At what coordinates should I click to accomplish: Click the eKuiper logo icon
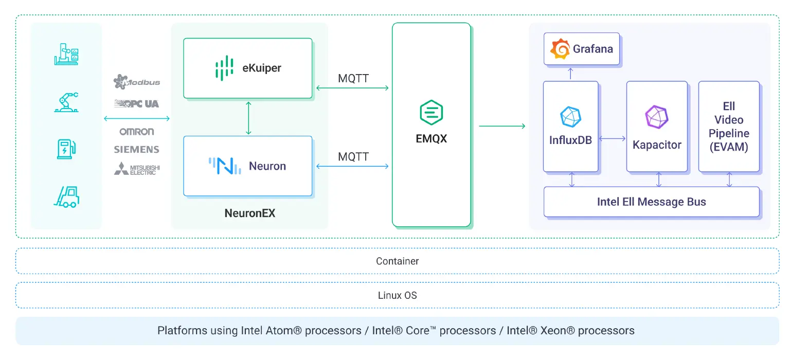click(x=224, y=68)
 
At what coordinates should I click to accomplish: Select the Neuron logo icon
click(x=225, y=166)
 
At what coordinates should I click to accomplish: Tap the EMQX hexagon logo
click(x=431, y=113)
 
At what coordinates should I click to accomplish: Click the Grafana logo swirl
click(x=560, y=49)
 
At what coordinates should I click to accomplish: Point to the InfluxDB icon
click(x=570, y=117)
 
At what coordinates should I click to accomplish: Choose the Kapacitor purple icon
click(x=657, y=117)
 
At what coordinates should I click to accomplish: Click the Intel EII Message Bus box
click(x=651, y=202)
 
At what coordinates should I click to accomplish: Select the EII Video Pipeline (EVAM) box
click(x=729, y=127)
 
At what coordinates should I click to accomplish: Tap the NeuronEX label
click(x=249, y=213)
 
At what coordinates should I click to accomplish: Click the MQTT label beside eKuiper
click(x=353, y=79)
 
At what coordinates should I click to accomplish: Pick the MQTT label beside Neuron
click(x=353, y=157)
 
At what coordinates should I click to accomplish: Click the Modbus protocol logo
click(x=137, y=82)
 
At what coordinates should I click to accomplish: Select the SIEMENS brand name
click(x=137, y=150)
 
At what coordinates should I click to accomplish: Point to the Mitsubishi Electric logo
click(x=137, y=169)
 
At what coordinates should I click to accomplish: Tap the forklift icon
click(x=67, y=196)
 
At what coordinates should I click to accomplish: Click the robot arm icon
click(x=66, y=101)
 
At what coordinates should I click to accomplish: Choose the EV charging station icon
click(x=66, y=148)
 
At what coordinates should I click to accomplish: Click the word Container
click(x=397, y=261)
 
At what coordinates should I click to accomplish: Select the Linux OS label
click(x=397, y=296)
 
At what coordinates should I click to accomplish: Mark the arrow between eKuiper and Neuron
click(x=248, y=118)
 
